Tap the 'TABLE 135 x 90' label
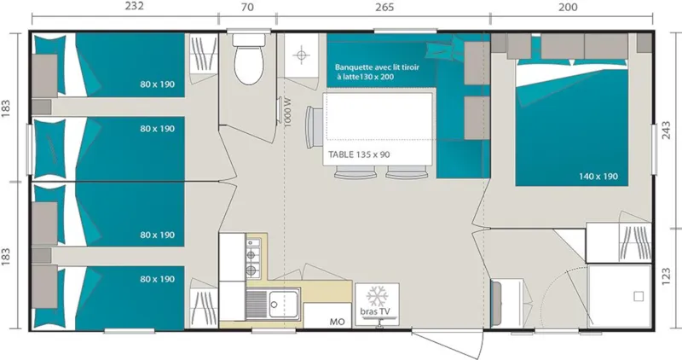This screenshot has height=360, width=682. (x=359, y=155)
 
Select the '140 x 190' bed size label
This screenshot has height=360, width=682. (x=598, y=177)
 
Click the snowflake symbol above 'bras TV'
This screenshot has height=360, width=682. (x=376, y=297)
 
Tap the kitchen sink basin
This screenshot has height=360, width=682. (x=280, y=302)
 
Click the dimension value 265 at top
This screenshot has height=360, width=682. (x=384, y=8)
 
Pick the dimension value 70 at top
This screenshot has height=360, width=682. (x=247, y=8)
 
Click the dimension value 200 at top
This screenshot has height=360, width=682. (x=568, y=8)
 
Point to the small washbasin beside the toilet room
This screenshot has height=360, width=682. (x=301, y=55)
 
